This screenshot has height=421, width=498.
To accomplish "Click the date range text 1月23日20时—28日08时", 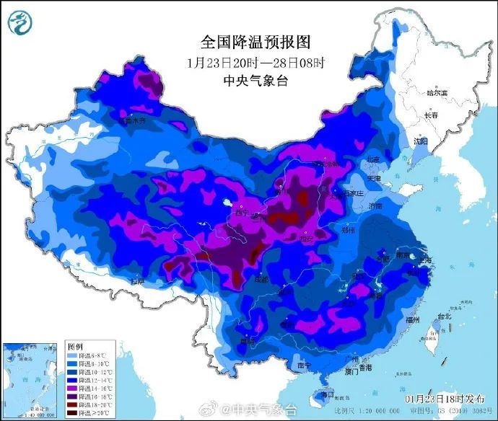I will [245, 61].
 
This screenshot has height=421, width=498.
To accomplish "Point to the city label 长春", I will [431, 115].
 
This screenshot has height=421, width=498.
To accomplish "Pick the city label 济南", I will [376, 206].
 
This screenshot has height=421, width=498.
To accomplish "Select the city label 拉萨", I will [138, 280].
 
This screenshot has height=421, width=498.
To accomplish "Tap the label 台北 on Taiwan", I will [443, 316].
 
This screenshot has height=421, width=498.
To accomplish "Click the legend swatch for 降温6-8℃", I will [71, 355].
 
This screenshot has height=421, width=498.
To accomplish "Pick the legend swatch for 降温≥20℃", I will [71, 413].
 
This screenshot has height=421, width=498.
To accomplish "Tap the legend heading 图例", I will [76, 347].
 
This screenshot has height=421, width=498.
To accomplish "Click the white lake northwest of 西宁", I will [229, 203].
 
